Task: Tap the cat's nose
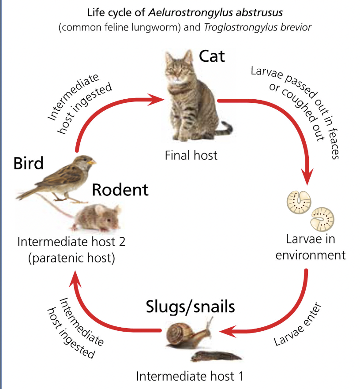179,75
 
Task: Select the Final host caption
191,155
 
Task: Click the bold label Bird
29,163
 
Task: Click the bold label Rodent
120,190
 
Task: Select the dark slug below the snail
216,356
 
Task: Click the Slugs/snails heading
190,307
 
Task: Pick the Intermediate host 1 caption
190,376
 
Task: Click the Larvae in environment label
311,247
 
